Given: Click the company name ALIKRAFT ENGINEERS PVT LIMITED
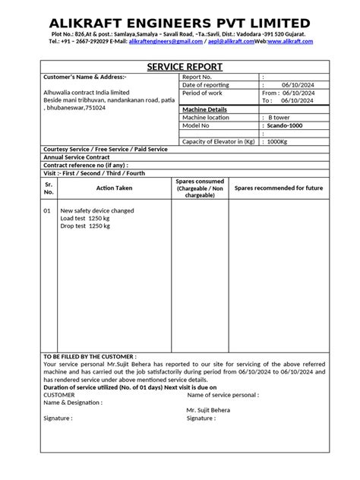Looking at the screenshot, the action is coord(180,23).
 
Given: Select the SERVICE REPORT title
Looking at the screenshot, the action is coord(180,67).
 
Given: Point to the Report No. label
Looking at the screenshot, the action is coord(201,77).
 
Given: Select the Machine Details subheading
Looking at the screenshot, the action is coord(205,109).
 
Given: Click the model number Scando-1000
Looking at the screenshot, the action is coord(287,125).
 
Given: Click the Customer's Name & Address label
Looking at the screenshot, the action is coord(85,77).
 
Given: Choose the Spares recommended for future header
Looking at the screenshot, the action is coord(278,188).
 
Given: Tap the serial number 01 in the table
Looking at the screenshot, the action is coord(47,210).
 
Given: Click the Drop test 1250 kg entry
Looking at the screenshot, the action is coord(85,226).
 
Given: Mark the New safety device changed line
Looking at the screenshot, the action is coord(97,210).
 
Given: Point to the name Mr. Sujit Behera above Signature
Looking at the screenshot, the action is coord(208,409).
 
